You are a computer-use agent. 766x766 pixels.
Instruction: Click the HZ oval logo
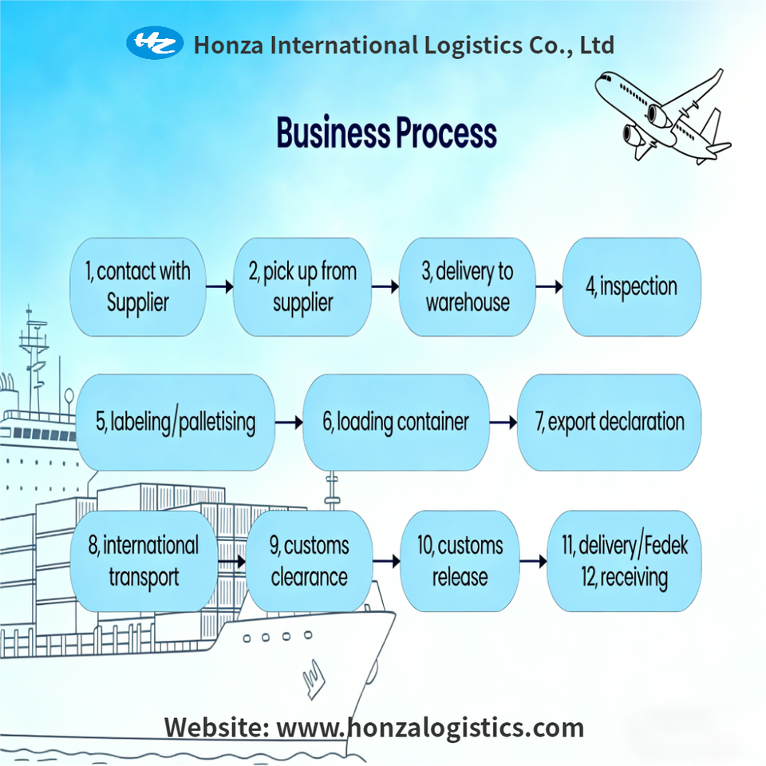(155, 43)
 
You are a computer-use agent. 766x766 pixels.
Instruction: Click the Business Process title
(386, 133)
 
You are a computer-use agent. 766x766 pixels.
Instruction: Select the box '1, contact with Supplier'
(138, 286)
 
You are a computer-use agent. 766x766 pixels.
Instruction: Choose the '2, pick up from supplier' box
(302, 286)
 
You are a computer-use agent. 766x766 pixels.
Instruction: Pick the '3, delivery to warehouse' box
(467, 286)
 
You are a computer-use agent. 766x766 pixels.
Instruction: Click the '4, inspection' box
(631, 286)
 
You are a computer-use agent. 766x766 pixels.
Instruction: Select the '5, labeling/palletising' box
(176, 422)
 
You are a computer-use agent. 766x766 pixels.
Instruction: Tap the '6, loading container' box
(396, 422)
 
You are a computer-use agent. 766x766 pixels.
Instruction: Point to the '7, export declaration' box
(610, 422)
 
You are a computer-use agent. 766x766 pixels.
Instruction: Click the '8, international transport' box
(144, 561)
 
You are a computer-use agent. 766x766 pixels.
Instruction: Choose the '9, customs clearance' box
(309, 561)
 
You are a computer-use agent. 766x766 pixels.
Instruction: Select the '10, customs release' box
(460, 561)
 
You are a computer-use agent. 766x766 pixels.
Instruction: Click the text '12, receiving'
(625, 577)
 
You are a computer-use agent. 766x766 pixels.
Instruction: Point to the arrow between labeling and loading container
(289, 422)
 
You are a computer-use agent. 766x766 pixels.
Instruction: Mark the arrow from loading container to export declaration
(503, 422)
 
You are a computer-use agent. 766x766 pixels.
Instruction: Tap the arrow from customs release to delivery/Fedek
(533, 561)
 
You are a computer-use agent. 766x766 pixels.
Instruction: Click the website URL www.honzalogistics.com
(430, 727)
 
